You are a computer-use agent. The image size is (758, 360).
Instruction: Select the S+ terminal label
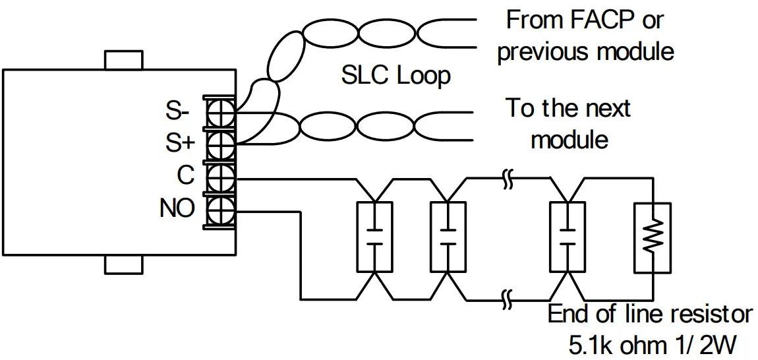coord(178,142)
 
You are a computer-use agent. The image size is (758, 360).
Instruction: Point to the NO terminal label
coord(177,209)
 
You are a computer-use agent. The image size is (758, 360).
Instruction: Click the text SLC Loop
coord(395,76)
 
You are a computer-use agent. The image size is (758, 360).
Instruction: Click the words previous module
coord(585,51)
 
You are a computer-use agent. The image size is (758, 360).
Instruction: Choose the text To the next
coord(568,108)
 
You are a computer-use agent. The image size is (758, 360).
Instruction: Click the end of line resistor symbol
coord(652,237)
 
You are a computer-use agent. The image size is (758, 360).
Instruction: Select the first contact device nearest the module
coord(374,237)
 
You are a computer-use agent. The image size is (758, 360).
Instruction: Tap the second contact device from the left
coord(448,237)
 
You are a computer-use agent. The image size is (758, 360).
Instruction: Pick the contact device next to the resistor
coord(567,237)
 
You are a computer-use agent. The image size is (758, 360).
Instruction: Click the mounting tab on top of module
coord(123,60)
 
